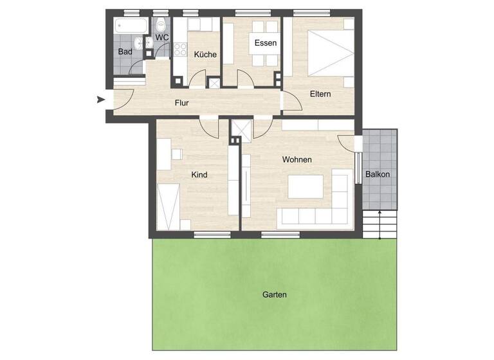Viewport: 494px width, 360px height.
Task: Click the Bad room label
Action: click(x=125, y=51)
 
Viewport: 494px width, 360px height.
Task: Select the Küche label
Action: click(x=205, y=55)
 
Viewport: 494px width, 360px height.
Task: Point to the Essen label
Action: click(x=266, y=43)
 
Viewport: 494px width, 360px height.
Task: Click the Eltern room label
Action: click(x=320, y=94)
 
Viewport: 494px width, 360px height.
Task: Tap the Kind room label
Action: click(x=199, y=174)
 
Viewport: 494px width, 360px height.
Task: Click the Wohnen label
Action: click(x=297, y=159)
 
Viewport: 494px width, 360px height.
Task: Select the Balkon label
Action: click(x=378, y=174)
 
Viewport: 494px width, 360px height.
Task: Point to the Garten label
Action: click(x=275, y=294)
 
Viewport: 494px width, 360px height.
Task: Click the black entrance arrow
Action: click(x=100, y=99)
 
